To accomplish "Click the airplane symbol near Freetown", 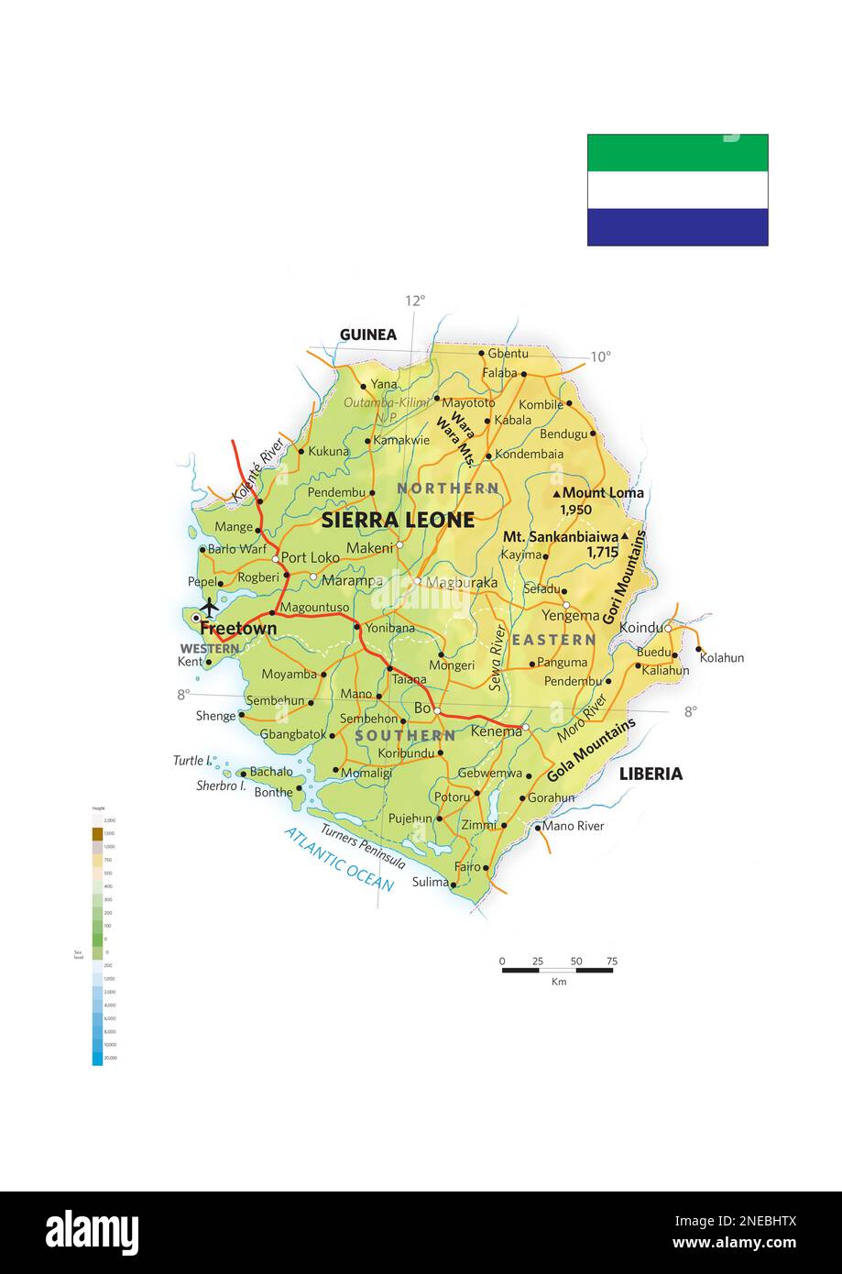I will (209, 607).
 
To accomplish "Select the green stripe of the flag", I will (677, 153).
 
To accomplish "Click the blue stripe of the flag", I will (677, 227).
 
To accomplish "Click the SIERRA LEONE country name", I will (398, 520).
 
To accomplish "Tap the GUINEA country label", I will (367, 335).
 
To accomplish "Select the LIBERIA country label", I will (651, 774).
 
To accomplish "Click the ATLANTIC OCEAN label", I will (338, 859).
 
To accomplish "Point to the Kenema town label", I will (495, 731).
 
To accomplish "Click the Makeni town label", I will (369, 547).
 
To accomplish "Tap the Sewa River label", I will (497, 657).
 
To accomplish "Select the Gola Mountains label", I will (591, 749).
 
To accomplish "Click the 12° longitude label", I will (415, 300).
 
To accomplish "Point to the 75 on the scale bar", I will (611, 961).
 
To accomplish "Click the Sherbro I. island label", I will (221, 785).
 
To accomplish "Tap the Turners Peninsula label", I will (363, 841).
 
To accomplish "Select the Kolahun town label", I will (721, 657).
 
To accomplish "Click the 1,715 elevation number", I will (602, 552).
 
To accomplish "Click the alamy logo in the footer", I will (92, 1231).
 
